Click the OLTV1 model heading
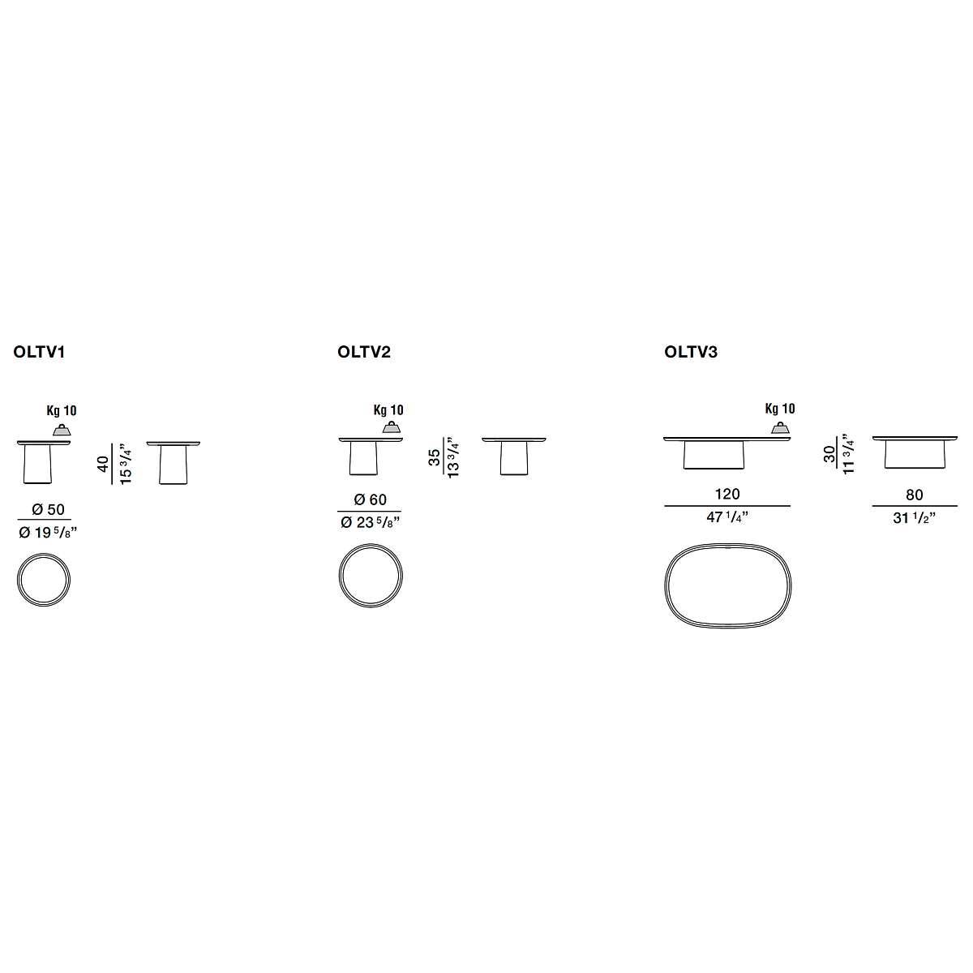point(40,352)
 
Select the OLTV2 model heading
point(364,352)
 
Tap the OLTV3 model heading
point(691,352)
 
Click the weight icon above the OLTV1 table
point(62,430)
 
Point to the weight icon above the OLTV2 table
point(392,427)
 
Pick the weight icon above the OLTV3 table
point(781,428)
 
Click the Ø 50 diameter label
point(48,509)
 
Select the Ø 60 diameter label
point(370,500)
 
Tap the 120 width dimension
point(727,494)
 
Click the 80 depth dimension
point(915,495)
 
